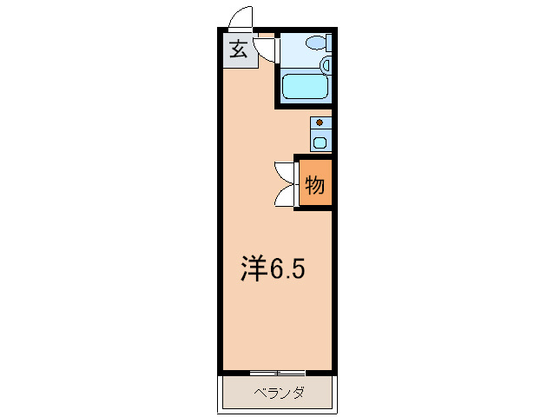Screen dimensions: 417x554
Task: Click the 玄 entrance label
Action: click(238, 50)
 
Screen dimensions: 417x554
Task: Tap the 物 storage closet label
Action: click(314, 184)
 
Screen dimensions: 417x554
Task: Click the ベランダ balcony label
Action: click(279, 393)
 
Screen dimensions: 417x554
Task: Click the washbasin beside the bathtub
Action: click(326, 64)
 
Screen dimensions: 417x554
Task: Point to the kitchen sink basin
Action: click(320, 142)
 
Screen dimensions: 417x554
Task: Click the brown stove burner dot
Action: click(320, 123)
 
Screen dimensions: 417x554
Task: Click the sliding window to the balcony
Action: click(277, 373)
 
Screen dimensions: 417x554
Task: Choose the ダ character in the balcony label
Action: click(298, 393)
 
